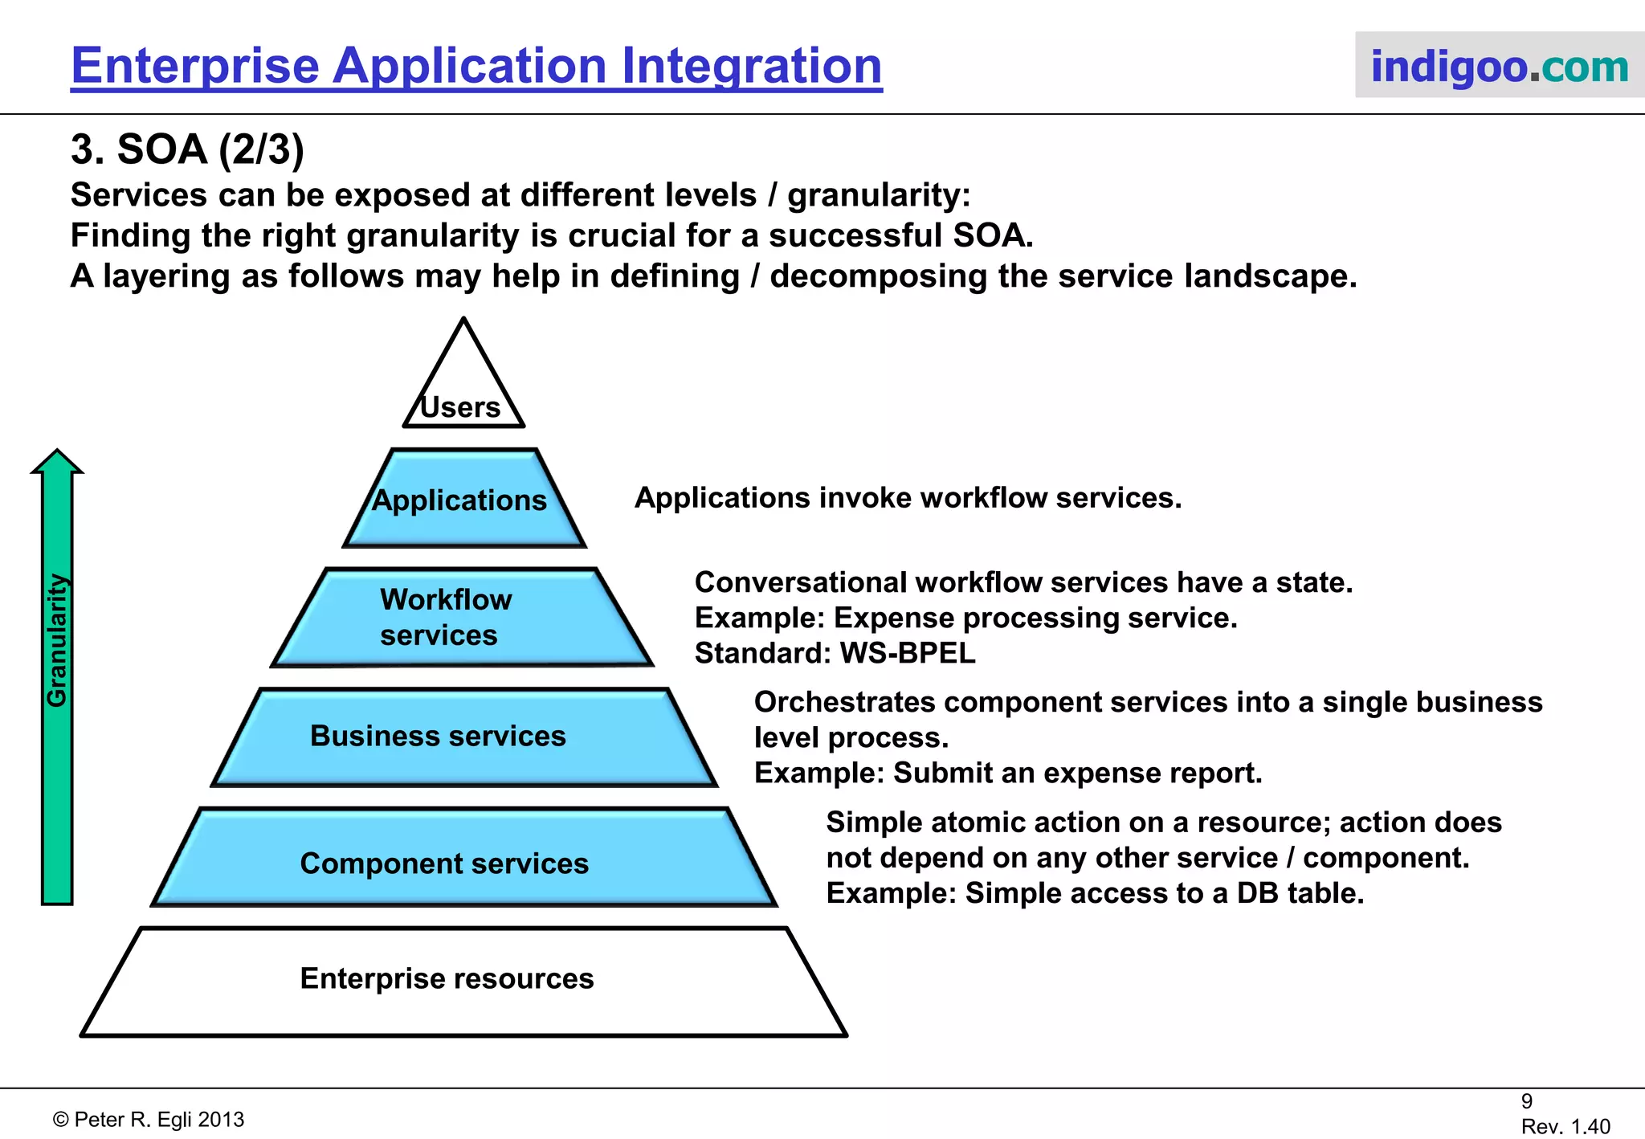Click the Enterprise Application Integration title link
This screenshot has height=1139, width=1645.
pos(476,66)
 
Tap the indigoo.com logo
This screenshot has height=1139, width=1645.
pos(1499,66)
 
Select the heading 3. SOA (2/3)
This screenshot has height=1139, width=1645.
pos(187,149)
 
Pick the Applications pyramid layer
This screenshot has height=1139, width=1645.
pos(463,500)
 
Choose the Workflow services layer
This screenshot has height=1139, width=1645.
pos(462,618)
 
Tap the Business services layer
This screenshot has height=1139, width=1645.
pos(463,737)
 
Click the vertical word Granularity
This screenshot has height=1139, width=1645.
pos(56,640)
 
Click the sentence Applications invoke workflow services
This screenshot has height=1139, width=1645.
pos(908,498)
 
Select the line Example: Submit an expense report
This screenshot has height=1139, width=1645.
pos(1008,773)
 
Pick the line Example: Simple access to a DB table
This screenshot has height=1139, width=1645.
pos(1095,893)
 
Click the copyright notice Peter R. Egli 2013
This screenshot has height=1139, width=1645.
pos(149,1120)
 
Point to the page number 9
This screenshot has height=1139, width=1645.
pos(1526,1101)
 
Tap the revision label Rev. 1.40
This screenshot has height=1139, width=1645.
pos(1565,1126)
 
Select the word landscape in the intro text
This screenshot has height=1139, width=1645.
pos(1269,276)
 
